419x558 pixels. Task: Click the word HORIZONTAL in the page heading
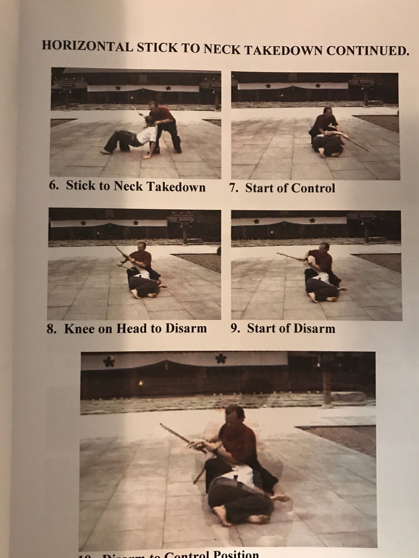87,46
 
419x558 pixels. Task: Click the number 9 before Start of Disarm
235,328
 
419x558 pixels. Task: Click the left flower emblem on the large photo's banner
107,362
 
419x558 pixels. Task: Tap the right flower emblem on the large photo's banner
221,359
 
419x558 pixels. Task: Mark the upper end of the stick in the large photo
161,425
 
